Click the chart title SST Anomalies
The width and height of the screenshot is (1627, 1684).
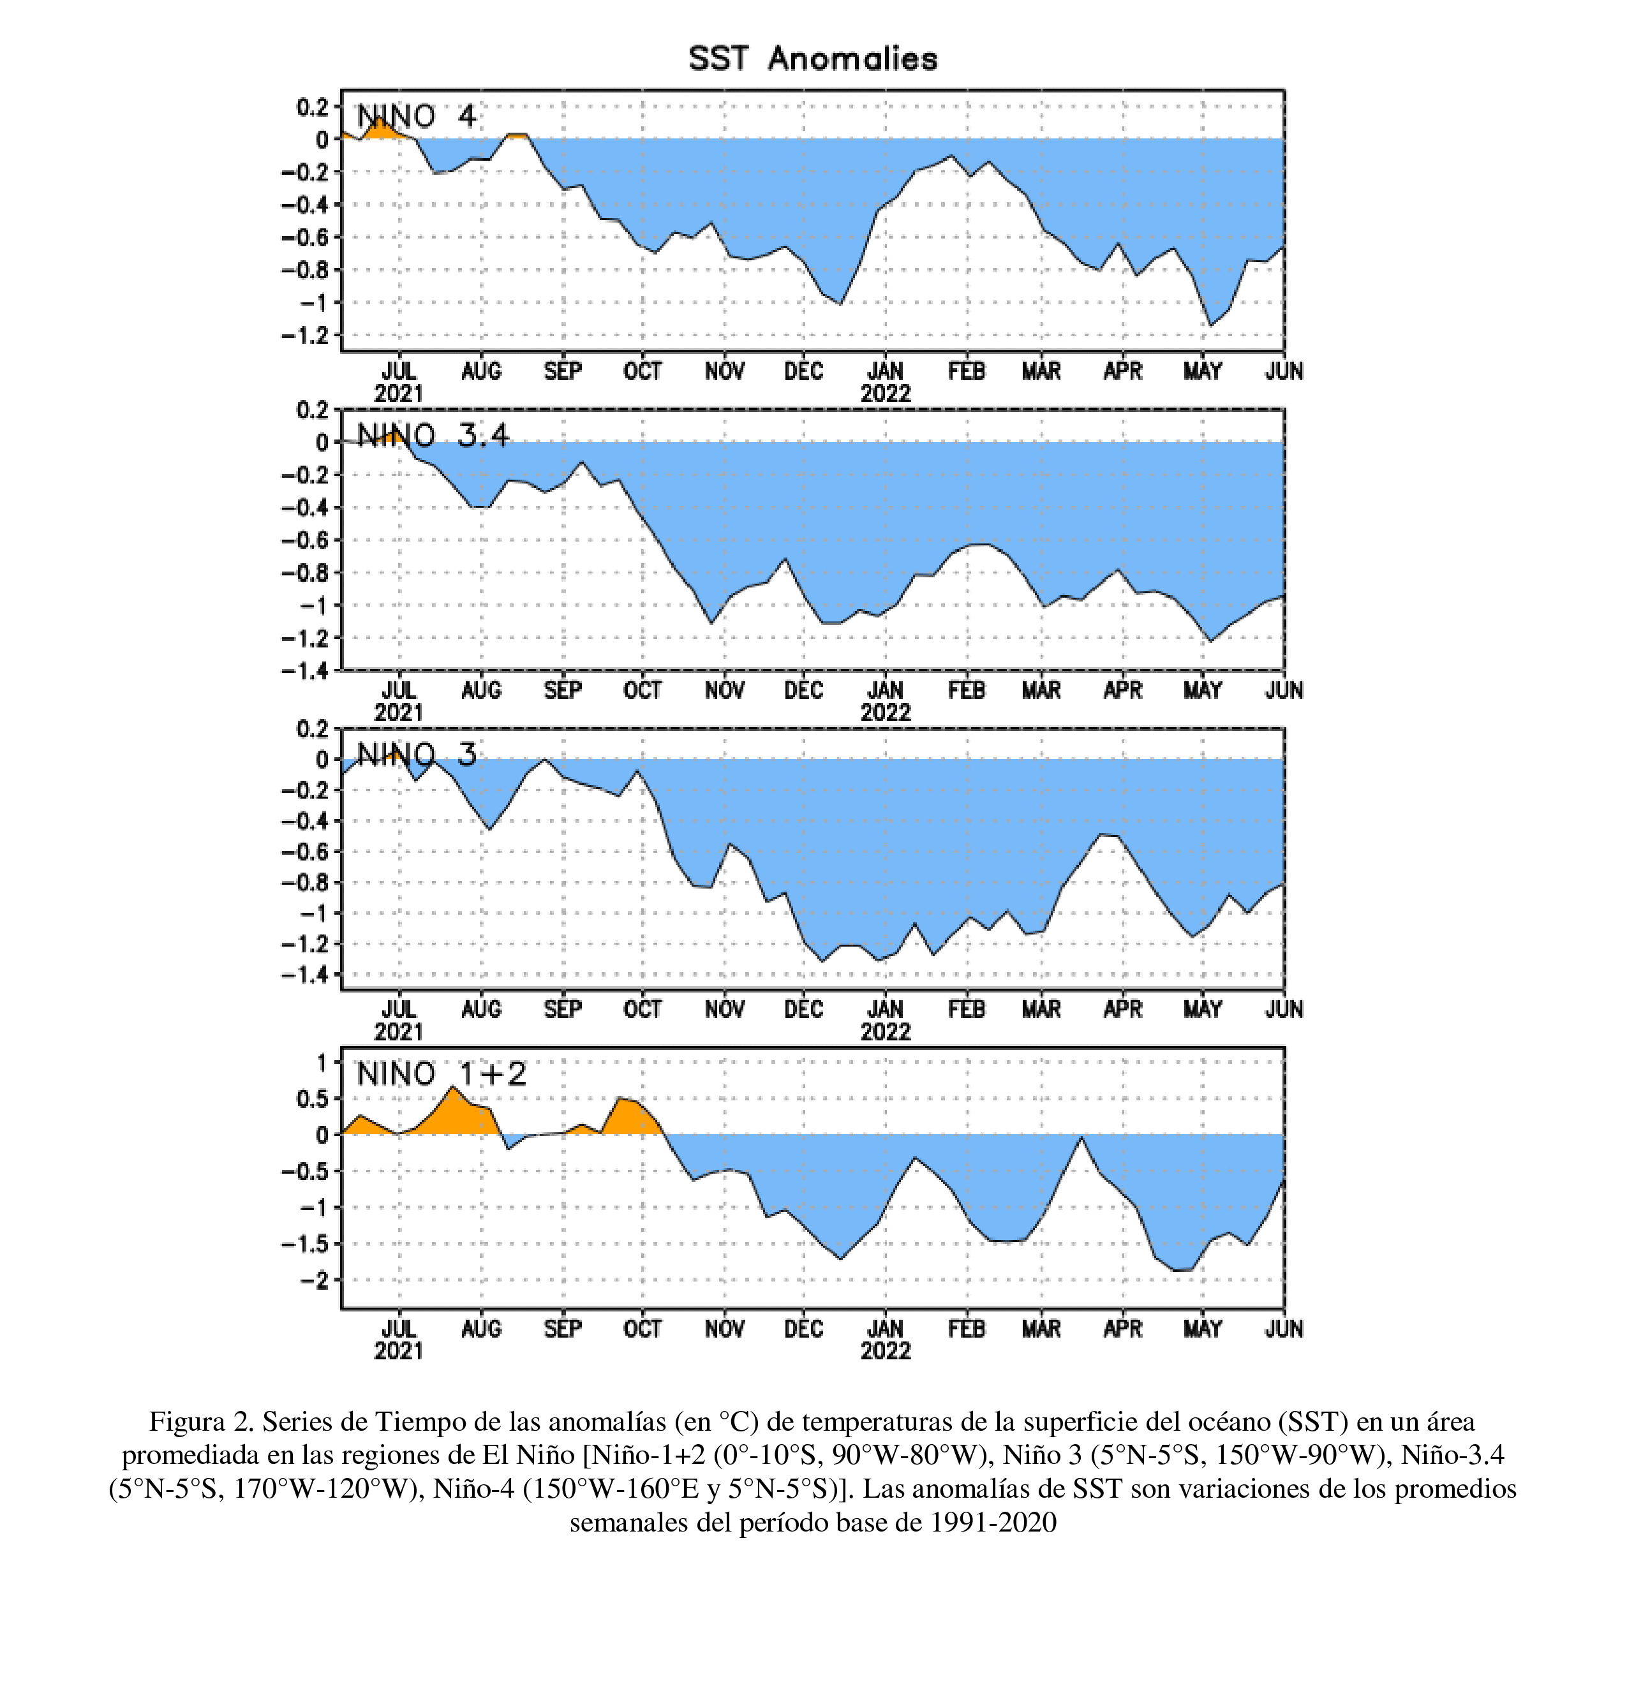pyautogui.click(x=812, y=59)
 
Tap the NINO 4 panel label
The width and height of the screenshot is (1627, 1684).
pyautogui.click(x=416, y=116)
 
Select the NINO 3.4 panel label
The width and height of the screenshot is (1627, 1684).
pyautogui.click(x=433, y=436)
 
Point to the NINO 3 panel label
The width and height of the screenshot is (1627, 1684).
pyautogui.click(x=416, y=755)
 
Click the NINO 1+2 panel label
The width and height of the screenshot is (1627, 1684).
pyautogui.click(x=441, y=1074)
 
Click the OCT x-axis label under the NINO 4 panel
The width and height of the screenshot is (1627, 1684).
pyautogui.click(x=643, y=371)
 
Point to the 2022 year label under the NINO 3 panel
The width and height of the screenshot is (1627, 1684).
pyautogui.click(x=885, y=1031)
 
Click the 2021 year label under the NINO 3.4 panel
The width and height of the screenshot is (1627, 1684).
pyautogui.click(x=399, y=713)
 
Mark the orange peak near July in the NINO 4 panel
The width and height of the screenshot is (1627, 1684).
pyautogui.click(x=379, y=117)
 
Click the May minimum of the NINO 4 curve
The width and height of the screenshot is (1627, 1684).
pyautogui.click(x=1211, y=325)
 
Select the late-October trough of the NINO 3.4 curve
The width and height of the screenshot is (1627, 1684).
pyautogui.click(x=711, y=624)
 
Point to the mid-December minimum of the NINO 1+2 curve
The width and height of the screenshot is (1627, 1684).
pyautogui.click(x=840, y=1260)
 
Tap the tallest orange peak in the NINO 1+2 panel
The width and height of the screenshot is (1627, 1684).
pyautogui.click(x=453, y=1087)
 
